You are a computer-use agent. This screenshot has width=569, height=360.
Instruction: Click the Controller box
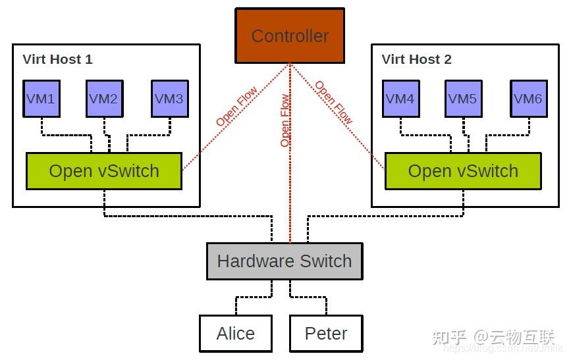point(290,36)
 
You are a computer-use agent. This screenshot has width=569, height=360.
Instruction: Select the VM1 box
point(41,99)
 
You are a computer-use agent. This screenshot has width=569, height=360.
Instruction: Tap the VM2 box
point(104,99)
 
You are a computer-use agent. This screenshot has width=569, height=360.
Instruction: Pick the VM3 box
point(169,99)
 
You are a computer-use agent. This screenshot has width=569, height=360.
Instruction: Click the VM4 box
point(400,99)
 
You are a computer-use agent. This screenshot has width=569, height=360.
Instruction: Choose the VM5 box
point(462,99)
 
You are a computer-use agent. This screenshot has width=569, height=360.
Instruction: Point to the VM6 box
point(528,99)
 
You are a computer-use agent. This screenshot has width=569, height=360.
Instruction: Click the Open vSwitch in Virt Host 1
point(104,171)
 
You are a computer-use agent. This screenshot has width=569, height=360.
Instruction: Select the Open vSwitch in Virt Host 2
point(463,171)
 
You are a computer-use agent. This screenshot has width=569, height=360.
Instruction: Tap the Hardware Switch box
point(284,261)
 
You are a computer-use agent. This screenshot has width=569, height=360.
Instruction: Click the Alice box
point(235,334)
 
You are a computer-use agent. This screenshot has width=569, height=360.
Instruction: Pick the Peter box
point(326,334)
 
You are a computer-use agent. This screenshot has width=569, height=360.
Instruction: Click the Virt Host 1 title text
point(58,59)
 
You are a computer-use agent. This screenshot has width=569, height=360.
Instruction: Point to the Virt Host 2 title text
point(417,59)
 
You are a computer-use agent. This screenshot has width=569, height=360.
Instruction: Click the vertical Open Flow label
point(284,120)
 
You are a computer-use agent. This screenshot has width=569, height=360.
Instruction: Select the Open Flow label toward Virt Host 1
point(236,107)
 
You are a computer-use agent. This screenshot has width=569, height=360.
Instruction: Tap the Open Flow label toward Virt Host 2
point(333,103)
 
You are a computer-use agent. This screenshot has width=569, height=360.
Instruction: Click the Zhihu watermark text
point(494,338)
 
